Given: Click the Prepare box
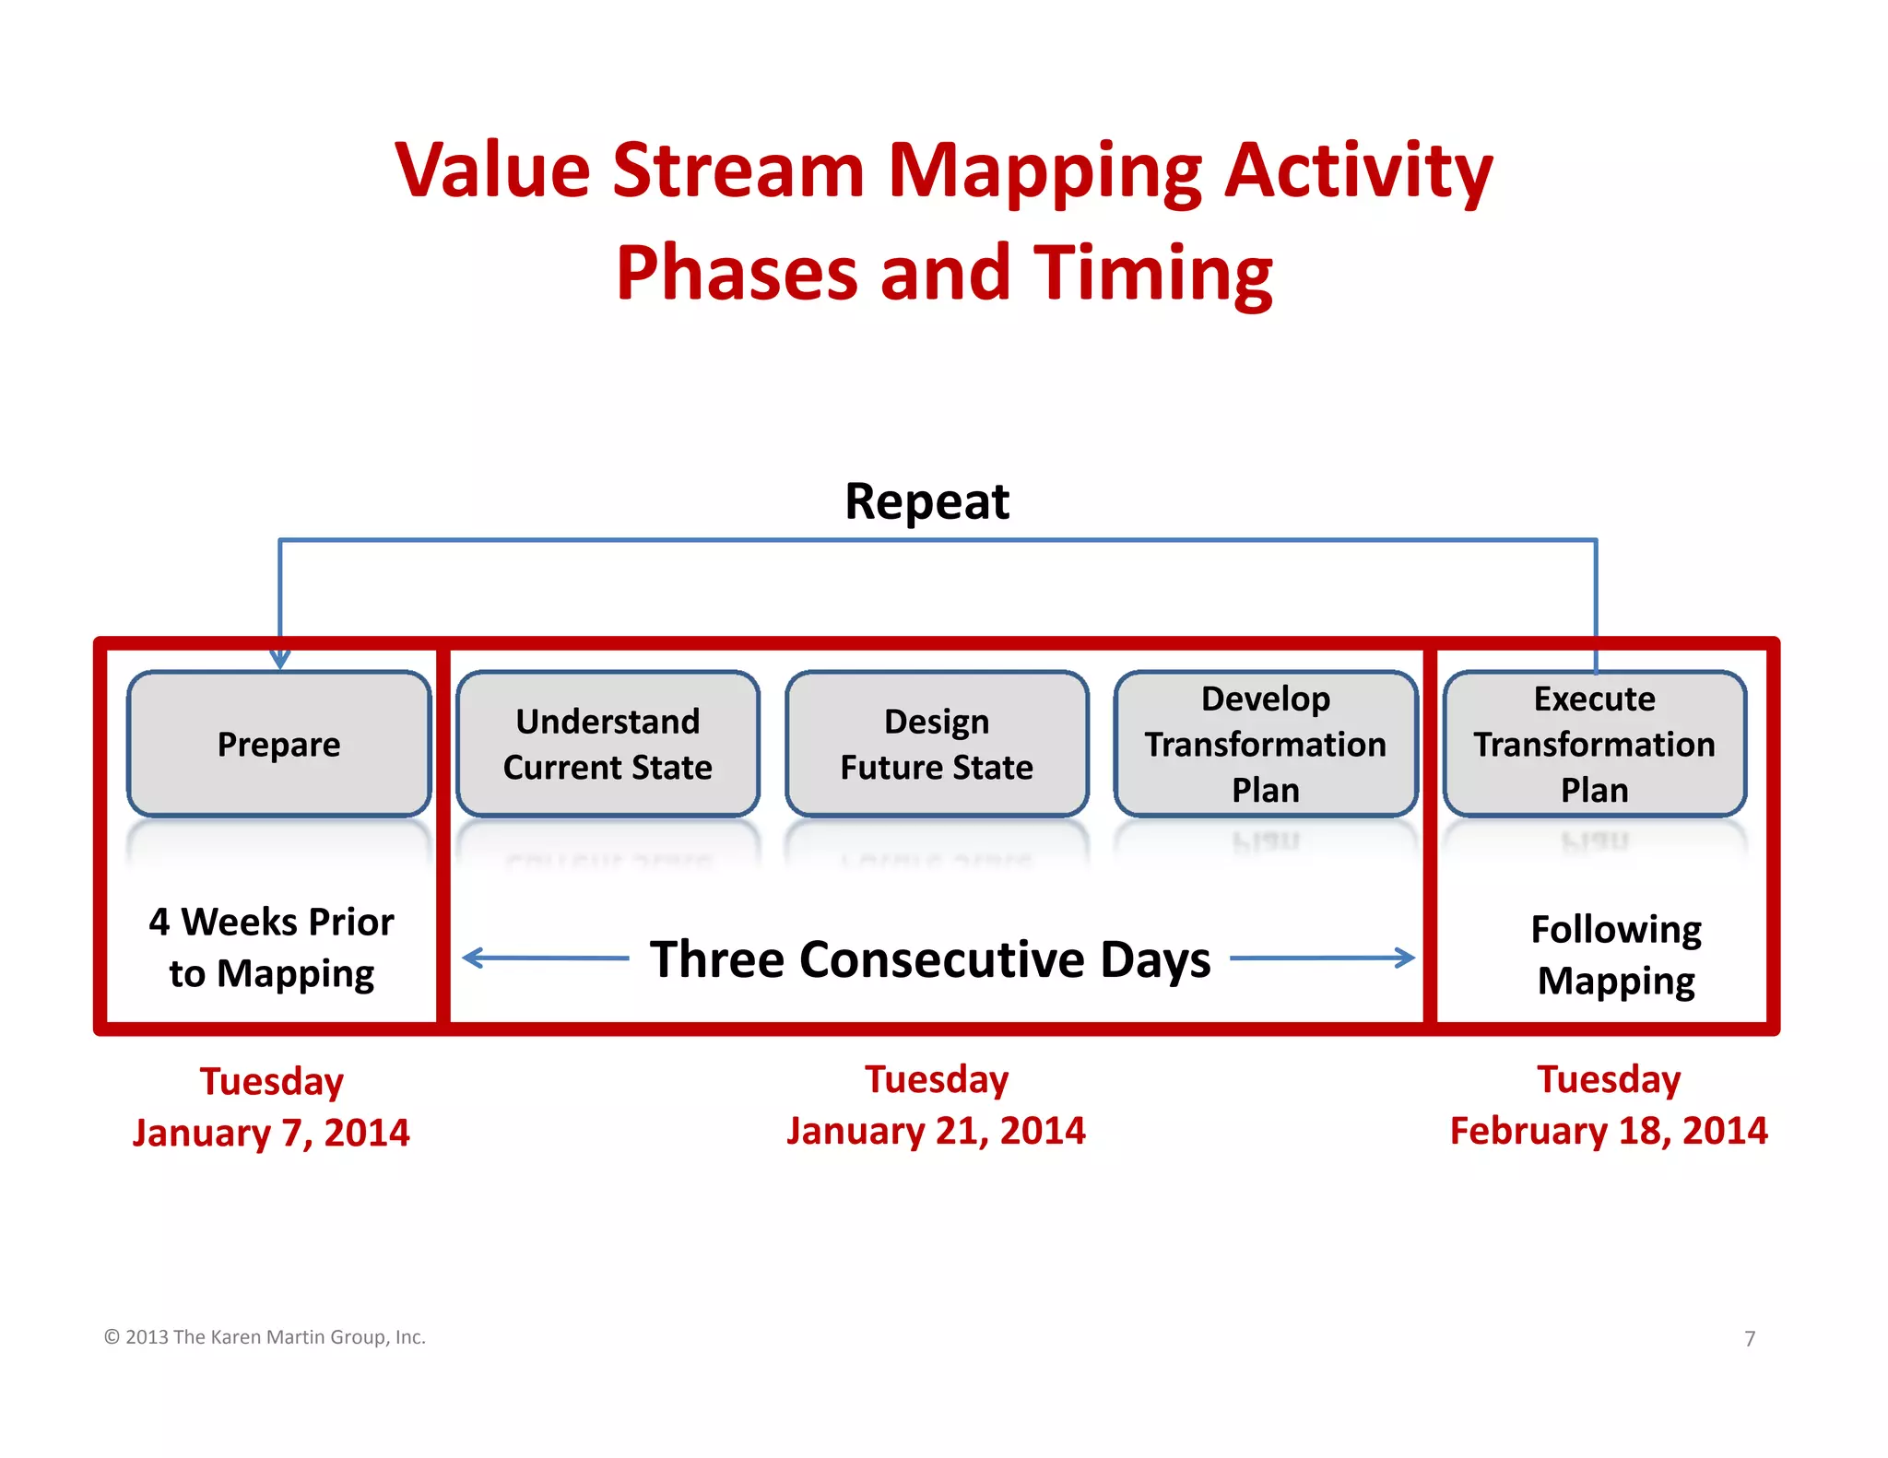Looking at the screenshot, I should (278, 744).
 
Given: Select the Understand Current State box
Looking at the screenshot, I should (608, 744).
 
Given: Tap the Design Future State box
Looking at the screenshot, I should (937, 744).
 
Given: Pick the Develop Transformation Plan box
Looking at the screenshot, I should (1265, 744).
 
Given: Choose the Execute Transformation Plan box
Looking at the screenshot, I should (1594, 744).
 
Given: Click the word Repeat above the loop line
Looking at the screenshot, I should (926, 502).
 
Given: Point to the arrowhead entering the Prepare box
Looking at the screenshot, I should (280, 660).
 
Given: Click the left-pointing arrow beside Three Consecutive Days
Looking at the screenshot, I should (544, 958).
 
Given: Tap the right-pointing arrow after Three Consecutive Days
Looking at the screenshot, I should (1324, 958).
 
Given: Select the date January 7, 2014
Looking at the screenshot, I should (271, 1133).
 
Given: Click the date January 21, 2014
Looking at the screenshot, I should (936, 1131).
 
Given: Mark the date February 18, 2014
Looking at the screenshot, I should (1609, 1131).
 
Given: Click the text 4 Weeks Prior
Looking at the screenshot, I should (271, 922).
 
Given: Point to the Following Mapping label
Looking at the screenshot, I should (1616, 955).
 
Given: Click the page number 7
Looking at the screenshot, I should (1750, 1338).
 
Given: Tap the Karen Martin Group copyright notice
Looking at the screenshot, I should (265, 1337).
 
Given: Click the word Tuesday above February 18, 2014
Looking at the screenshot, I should (1609, 1079).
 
